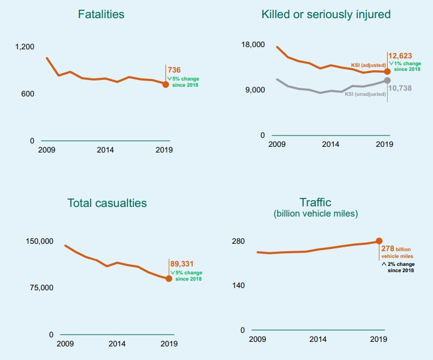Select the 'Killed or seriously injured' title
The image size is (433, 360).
pos(326,14)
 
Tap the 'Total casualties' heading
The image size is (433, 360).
pos(107,203)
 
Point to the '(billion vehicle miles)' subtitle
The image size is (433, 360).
pos(315,214)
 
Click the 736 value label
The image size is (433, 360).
pos(174,70)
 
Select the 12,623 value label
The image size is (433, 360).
pos(401,56)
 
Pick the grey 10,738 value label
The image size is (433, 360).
pos(400,88)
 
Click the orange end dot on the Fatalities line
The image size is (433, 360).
pos(165,84)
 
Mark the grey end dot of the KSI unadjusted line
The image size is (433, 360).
pos(387,81)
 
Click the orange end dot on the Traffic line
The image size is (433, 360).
pos(379,241)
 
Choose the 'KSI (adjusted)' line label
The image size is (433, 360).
pos(369,65)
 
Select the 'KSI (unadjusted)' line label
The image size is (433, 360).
pos(365,94)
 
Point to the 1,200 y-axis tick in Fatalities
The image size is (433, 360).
pos(24,47)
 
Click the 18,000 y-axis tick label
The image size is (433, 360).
pos(254,45)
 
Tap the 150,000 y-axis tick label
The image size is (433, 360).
pos(40,241)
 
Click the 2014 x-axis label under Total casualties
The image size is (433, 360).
pos(117,344)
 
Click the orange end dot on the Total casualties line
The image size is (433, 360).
pos(169,278)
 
